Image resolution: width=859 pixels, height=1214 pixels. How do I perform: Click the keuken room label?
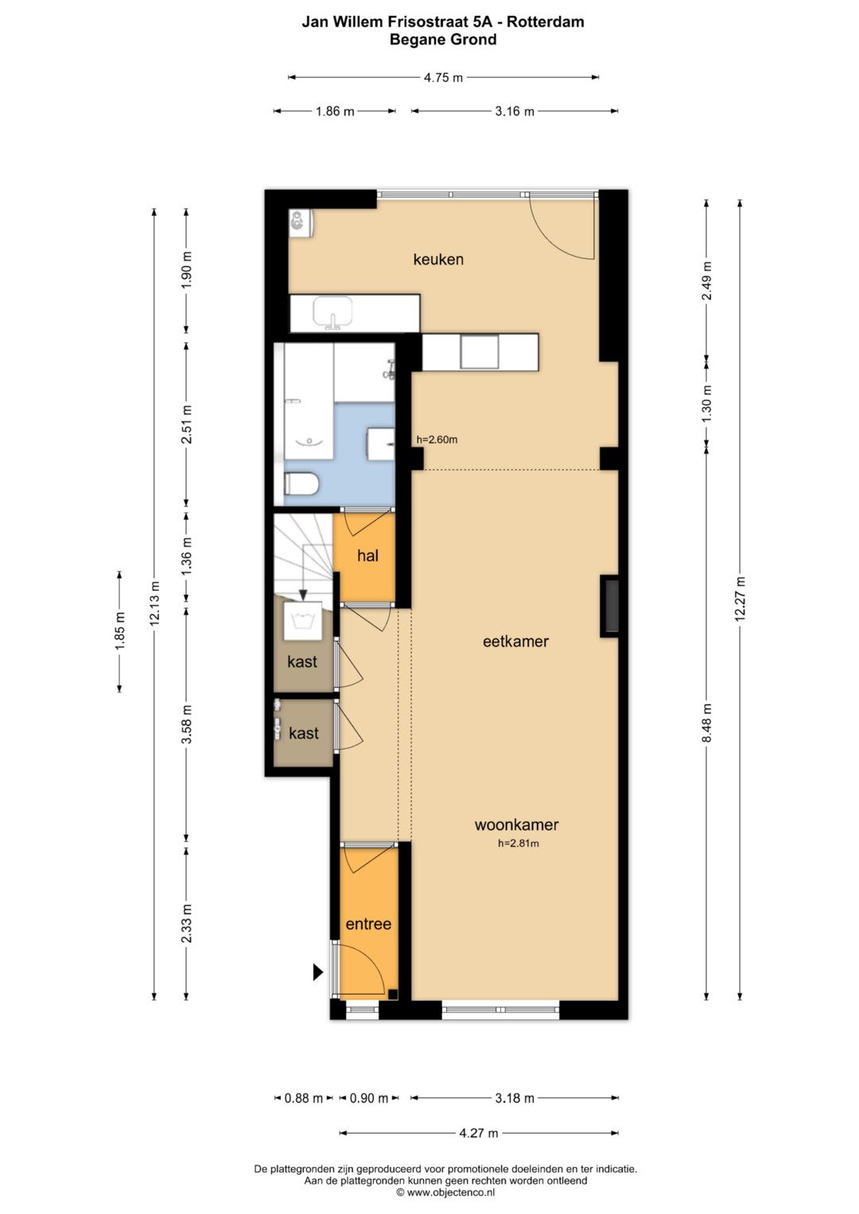(x=438, y=260)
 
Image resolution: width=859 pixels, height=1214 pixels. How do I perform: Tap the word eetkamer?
(x=515, y=641)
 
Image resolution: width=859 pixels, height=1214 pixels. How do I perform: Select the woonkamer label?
(x=516, y=824)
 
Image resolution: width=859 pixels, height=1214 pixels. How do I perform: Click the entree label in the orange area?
(x=368, y=924)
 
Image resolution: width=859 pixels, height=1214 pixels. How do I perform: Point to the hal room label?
(x=367, y=556)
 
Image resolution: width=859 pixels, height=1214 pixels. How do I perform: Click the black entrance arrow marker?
(x=318, y=972)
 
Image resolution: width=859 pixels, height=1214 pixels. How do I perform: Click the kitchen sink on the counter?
(x=332, y=312)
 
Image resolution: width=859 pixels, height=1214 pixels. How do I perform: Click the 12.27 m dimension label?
(x=740, y=599)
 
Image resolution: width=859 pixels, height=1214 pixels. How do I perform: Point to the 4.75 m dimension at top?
(x=443, y=77)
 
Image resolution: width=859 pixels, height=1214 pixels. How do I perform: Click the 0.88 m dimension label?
(x=304, y=1098)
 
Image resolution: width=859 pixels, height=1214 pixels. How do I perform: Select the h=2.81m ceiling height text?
(x=519, y=844)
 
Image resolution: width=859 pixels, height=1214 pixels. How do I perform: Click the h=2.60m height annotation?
(x=437, y=440)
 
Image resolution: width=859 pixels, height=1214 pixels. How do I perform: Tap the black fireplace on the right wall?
(x=609, y=605)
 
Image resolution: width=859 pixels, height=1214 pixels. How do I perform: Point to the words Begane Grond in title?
(x=443, y=40)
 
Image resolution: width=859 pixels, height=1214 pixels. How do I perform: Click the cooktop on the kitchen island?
(x=480, y=351)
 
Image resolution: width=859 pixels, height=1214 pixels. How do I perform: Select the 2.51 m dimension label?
(x=187, y=424)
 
